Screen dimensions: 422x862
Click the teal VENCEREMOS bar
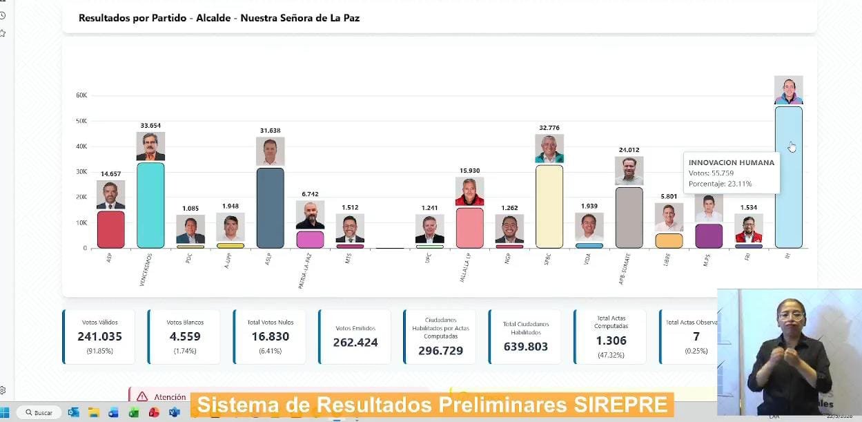150,205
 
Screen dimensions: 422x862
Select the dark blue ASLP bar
270,208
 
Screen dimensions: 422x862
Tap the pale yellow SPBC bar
549,207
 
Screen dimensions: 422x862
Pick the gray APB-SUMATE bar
629,218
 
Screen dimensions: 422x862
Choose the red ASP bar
110,229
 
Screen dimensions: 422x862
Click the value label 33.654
150,126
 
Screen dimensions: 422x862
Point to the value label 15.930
469,171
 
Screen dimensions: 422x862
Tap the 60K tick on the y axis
81,95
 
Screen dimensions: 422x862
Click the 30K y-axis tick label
81,172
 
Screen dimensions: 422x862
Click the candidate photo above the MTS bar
350,229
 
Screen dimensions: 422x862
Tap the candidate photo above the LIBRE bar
669,218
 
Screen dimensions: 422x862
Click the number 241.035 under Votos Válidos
99,337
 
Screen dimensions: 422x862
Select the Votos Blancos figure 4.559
185,337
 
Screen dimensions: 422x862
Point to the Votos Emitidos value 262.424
355,342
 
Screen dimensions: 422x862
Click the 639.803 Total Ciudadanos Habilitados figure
526,347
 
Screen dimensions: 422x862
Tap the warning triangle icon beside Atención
142,396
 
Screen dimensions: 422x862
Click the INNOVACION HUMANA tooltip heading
732,163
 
